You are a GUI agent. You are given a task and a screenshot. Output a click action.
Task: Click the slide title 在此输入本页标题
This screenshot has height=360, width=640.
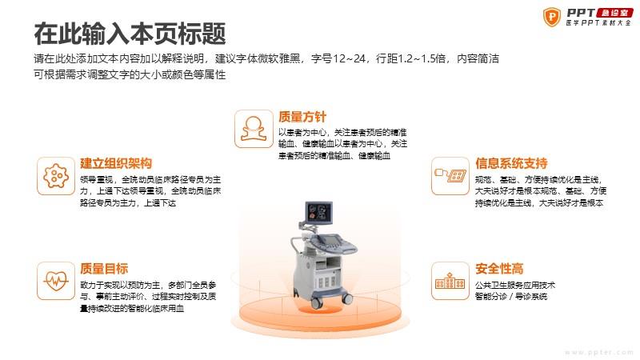(130, 34)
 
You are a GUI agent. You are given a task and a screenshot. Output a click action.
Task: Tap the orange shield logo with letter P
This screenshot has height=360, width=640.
(552, 17)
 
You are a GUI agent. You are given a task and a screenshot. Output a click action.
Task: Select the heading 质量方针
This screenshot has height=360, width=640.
(302, 117)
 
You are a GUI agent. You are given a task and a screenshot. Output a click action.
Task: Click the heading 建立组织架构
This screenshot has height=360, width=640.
(116, 164)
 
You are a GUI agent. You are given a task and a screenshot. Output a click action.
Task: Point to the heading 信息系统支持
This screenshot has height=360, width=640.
(511, 164)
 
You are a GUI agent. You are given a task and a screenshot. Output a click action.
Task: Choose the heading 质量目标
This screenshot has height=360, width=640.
(104, 269)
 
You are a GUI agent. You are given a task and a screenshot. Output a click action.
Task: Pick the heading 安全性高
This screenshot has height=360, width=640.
(499, 269)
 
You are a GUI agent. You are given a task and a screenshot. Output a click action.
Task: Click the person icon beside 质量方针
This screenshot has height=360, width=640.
(254, 129)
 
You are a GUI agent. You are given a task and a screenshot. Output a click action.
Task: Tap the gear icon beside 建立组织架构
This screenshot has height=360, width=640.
(56, 176)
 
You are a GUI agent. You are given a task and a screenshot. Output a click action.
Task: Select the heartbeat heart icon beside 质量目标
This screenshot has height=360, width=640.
(56, 281)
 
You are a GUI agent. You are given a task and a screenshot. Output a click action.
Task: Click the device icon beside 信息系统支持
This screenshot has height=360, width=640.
(450, 175)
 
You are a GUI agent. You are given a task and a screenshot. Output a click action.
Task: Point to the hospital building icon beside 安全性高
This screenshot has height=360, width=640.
(450, 282)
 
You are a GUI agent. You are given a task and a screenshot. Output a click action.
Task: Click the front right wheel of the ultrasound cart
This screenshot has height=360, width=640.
(347, 298)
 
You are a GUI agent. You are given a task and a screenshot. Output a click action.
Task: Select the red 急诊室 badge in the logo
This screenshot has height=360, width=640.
(614, 13)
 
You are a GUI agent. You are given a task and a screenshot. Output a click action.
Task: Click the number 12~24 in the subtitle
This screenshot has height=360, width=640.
(349, 58)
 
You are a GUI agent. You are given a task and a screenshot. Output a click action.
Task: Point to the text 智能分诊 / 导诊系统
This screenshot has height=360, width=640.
(511, 297)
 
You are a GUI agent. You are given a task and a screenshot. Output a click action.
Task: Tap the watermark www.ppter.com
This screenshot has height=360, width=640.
(598, 352)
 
